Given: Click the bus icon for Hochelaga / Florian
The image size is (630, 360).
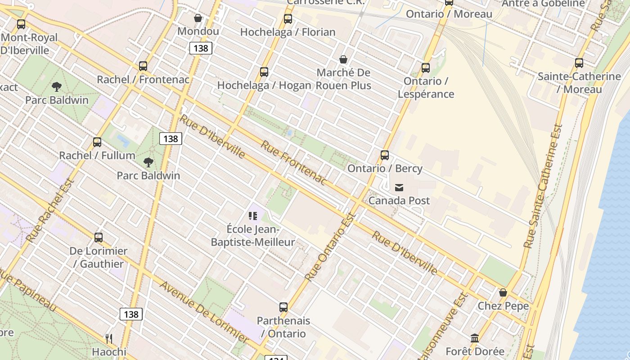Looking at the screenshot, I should point(288,19).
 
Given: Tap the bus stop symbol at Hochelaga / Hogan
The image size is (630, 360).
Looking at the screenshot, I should point(264,72).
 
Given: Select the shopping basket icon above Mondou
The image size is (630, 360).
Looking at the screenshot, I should point(198,18).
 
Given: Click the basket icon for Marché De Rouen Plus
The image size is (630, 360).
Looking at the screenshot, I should point(343,59).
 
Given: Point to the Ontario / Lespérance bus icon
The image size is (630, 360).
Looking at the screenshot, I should point(426,68).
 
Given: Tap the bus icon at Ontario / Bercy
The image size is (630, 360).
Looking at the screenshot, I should point(385,155).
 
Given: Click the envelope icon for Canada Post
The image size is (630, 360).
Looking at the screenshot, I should point(399,188).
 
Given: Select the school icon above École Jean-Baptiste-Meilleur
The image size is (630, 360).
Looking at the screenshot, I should point(253,216).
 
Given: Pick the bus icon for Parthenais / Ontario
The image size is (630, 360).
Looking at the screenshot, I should point(283,307).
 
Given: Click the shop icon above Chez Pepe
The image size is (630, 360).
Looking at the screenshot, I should point(503,293).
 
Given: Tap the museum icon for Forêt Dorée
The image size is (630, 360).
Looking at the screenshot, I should point(475,338).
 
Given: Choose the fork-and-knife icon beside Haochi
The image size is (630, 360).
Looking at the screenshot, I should point(109,338).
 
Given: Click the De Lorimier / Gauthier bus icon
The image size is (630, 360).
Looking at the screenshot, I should point(99,238).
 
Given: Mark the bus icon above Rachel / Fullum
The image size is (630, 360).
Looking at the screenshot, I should point(97,142).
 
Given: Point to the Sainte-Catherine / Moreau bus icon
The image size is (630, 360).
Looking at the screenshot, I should point(579,63).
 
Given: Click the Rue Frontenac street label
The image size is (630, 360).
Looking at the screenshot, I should point(293,162).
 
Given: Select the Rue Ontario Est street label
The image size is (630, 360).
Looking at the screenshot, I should point(331,246).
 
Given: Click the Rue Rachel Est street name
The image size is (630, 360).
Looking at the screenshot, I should point(50,210).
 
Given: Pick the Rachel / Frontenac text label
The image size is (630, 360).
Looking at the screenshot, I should point(143,80).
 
